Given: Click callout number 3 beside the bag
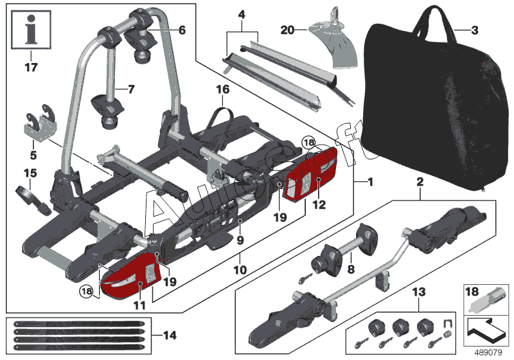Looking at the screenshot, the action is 475,30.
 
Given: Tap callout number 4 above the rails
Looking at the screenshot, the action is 242,14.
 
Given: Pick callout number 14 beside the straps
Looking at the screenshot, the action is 169,334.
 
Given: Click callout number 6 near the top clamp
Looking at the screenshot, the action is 182,29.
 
